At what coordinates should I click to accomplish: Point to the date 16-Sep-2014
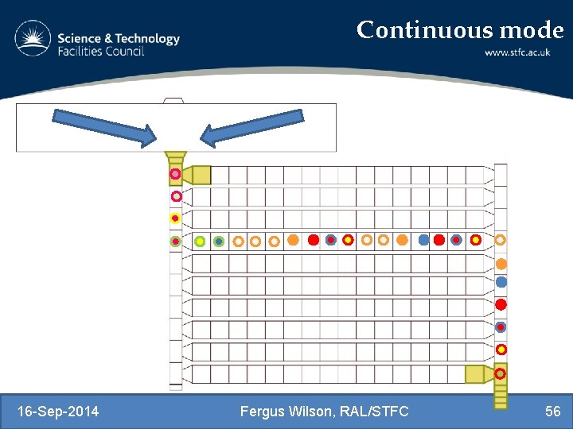[x=58, y=411]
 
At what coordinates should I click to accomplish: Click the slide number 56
[x=552, y=411]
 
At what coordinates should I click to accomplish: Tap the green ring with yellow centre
[x=200, y=241]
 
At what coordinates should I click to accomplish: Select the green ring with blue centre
[x=218, y=241]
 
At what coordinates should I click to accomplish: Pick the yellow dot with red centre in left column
[x=175, y=218]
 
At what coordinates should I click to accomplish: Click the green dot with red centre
[x=175, y=241]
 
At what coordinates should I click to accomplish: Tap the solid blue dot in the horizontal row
[x=423, y=239]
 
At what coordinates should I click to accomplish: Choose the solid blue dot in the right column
[x=501, y=281]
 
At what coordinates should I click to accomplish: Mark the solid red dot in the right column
[x=501, y=304]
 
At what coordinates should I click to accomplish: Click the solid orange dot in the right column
[x=501, y=264]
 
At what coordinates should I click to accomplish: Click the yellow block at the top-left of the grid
[x=201, y=175]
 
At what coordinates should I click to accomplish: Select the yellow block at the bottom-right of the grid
[x=475, y=373]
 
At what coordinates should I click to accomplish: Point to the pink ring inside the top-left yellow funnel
[x=175, y=173]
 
